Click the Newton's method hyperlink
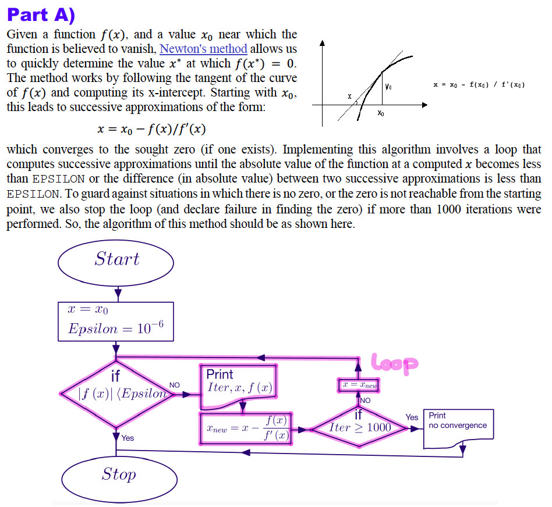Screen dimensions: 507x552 pos(203,49)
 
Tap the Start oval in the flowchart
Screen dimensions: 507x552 pos(116,259)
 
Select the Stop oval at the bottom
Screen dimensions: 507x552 pos(119,474)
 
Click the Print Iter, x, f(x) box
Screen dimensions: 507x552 pos(239,381)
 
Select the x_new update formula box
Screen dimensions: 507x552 pos(245,429)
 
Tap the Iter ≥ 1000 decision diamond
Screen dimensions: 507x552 pos(359,427)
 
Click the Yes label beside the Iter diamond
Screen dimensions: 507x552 pos(412,417)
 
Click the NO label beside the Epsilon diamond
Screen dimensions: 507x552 pos(174,385)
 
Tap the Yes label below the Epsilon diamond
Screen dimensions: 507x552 pos(127,438)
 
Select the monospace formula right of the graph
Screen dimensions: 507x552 pos(479,85)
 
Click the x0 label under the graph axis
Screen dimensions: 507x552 pos(380,113)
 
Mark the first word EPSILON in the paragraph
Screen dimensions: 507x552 pos(58,179)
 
